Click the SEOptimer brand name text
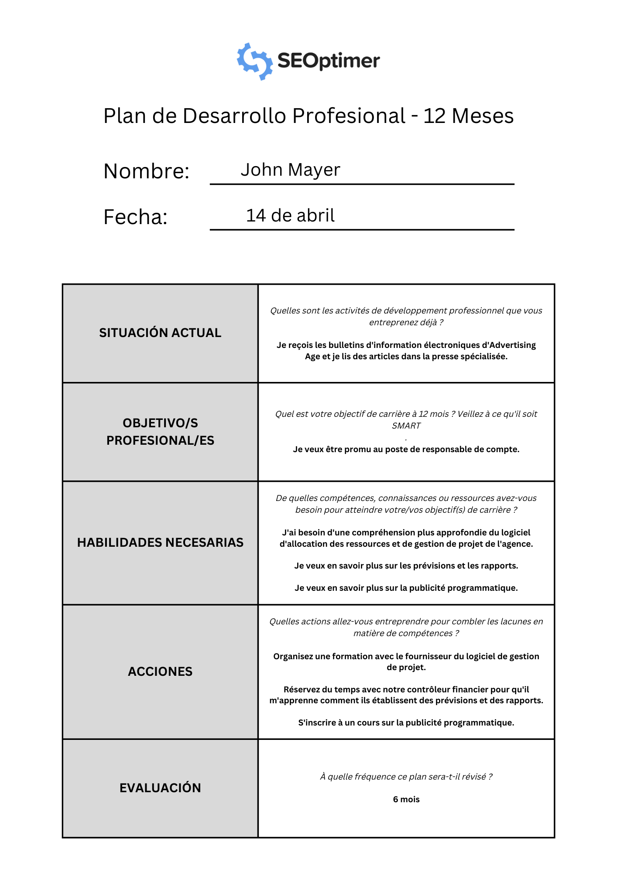click(329, 61)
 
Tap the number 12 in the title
click(434, 116)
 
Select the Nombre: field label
click(146, 171)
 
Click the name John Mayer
click(290, 170)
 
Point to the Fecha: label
click(135, 217)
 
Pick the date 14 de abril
click(290, 215)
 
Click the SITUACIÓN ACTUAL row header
click(160, 333)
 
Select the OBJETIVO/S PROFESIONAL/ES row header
click(160, 432)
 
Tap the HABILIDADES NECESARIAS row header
click(160, 542)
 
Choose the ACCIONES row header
click(160, 671)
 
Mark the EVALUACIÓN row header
click(160, 788)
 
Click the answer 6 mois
click(406, 799)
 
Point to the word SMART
click(406, 426)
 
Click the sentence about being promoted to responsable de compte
click(406, 449)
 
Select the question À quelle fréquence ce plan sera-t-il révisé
click(406, 777)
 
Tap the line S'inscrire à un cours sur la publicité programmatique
click(406, 722)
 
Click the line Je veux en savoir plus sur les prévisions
click(406, 565)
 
